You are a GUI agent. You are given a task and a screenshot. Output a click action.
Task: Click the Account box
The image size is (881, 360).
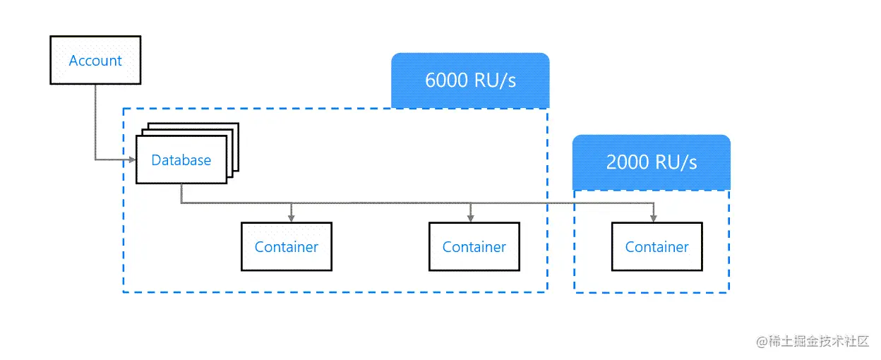95,61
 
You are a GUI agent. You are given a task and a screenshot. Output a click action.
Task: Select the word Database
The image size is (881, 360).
181,160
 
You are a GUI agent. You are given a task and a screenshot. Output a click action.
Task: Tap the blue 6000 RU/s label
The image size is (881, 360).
470,80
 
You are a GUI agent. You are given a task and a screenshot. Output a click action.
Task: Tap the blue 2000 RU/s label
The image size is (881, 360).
651,162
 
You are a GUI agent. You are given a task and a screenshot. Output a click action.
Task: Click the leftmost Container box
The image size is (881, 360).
286,246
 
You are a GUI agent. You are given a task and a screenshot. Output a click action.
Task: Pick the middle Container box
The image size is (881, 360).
474,246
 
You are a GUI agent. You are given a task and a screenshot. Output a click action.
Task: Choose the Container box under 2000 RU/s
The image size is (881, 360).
657,246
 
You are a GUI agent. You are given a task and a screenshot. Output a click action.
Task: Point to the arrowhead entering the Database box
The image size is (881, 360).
132,160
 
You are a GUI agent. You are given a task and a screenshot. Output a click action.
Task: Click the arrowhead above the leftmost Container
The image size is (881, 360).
291,218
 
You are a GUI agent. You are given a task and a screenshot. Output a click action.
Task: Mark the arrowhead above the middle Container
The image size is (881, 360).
469,218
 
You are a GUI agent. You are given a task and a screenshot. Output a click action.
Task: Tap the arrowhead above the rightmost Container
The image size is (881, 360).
654,218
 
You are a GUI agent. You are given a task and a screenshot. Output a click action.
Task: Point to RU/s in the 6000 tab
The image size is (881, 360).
496,80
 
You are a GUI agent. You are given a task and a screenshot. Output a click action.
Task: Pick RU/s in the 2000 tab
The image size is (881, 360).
676,162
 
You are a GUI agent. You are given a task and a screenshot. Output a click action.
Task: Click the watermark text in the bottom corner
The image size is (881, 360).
812,342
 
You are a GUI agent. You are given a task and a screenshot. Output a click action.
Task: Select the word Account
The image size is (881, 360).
95,61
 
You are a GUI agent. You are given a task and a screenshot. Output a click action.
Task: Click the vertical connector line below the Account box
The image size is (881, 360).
95,120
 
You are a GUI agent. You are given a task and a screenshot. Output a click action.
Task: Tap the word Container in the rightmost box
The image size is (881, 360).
657,247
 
